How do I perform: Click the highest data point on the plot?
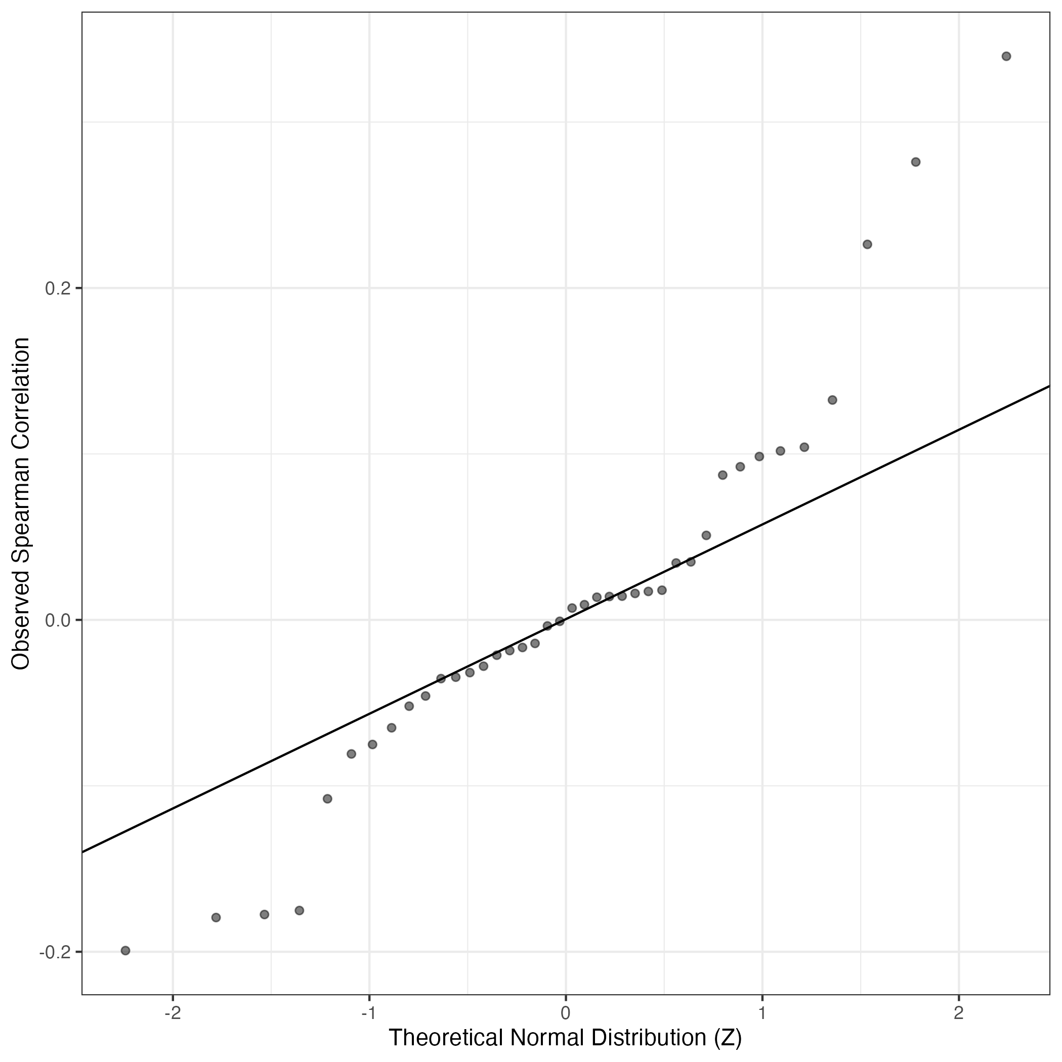(1006, 56)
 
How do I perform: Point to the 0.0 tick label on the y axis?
(59, 621)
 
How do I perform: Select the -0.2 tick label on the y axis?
(56, 952)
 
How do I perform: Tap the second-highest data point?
(916, 162)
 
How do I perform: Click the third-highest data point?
(867, 244)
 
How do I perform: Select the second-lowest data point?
(216, 917)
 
